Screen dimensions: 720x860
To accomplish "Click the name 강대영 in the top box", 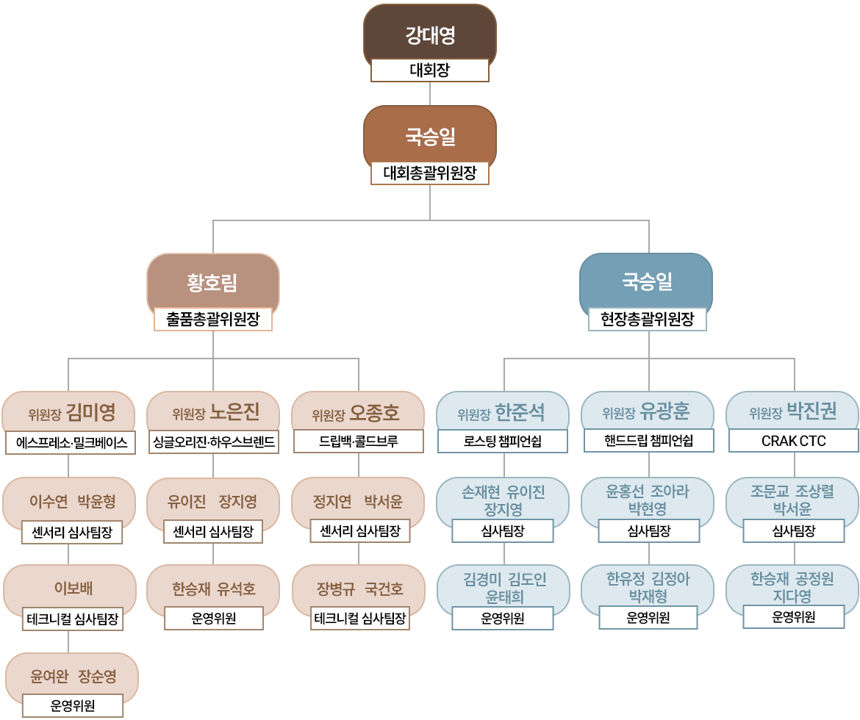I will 430,34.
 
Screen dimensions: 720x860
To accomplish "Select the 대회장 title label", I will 430,71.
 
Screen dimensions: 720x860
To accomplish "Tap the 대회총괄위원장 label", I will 430,173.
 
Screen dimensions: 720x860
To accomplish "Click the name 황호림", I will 212,282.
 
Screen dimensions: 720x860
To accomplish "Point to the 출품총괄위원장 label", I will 212,319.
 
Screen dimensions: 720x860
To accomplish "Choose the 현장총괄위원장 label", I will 647,319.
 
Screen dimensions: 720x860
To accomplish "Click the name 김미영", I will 90,413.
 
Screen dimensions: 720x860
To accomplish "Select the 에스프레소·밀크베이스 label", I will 71,442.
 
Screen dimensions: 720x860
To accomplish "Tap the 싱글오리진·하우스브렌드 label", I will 213,442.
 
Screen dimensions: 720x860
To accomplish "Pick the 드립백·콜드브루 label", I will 358,442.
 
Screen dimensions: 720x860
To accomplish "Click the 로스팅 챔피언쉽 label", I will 503,442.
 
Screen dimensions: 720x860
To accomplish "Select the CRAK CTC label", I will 793,441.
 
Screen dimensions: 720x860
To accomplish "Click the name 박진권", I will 811,411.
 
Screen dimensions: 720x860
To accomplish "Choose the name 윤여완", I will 49,677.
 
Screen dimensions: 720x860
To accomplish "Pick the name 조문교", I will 769,492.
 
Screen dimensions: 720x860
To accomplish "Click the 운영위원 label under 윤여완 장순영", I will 72,706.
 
